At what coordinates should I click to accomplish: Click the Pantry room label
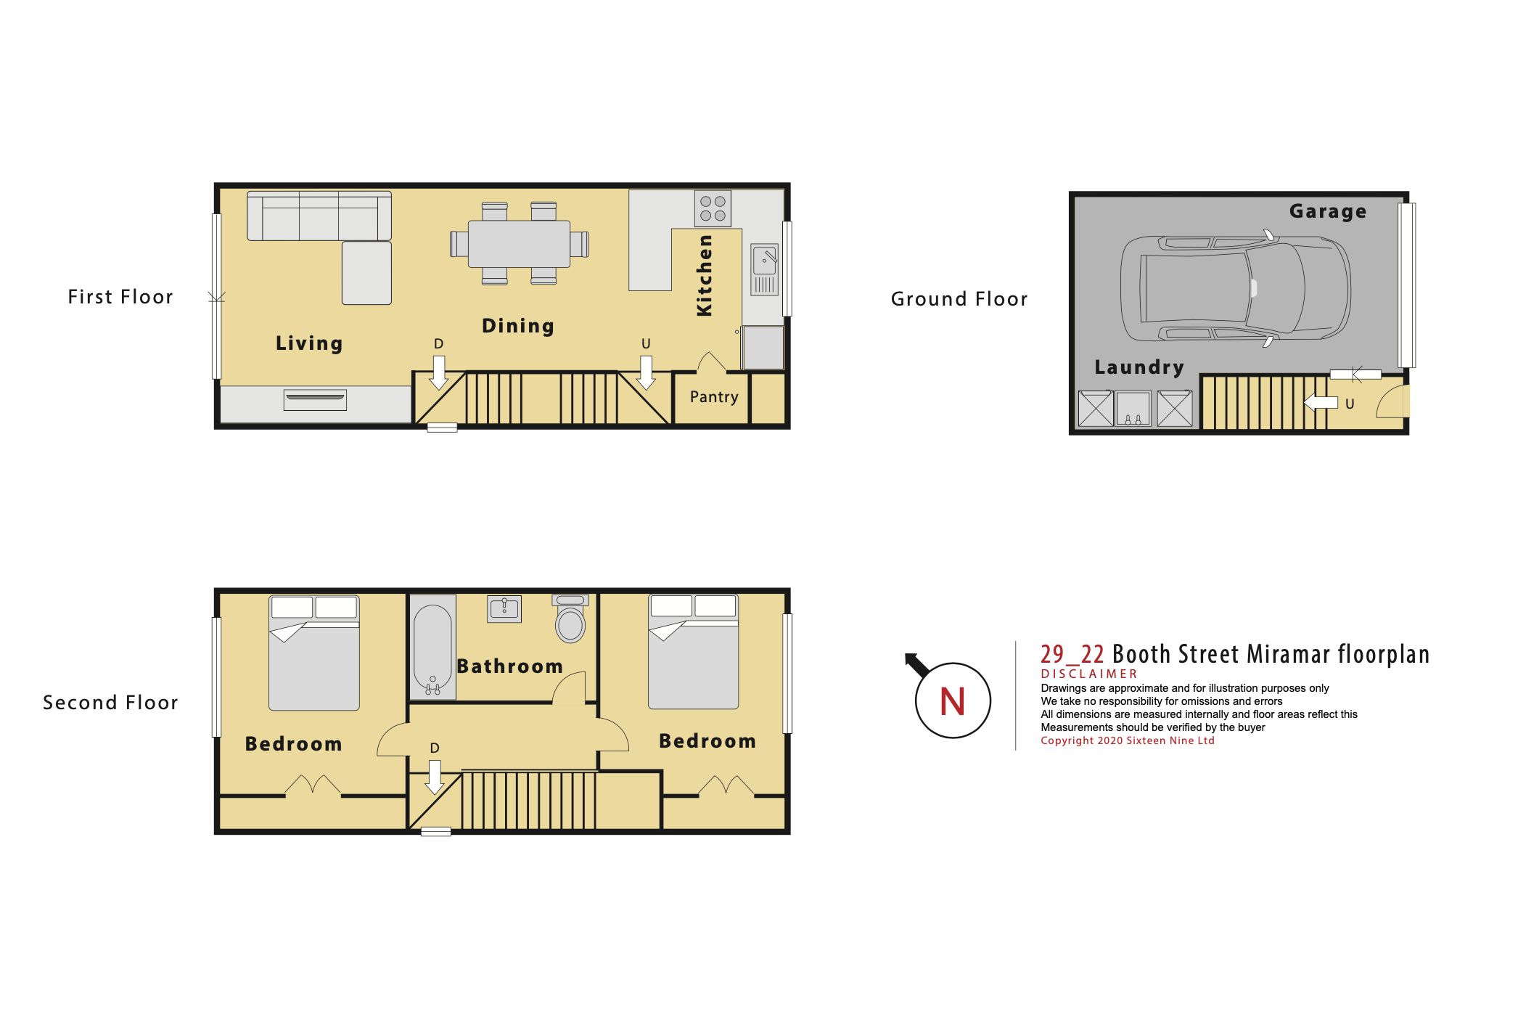(714, 396)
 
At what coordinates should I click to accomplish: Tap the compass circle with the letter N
(953, 701)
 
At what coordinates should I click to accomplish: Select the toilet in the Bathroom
(570, 618)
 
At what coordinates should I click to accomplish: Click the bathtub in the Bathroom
(433, 648)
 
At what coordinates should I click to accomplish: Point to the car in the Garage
(1235, 289)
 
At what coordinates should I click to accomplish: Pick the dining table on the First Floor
(519, 243)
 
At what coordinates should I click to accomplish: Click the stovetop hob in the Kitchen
(713, 208)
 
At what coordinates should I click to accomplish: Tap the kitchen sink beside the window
(764, 269)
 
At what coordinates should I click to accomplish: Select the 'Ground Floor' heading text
(959, 299)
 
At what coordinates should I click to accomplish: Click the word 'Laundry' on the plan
(1139, 367)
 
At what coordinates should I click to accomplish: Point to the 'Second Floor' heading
(110, 703)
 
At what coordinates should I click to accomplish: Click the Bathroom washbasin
(504, 608)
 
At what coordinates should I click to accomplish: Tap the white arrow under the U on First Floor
(646, 372)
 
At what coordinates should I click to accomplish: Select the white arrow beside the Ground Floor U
(1321, 401)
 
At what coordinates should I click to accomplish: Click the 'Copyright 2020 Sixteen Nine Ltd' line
(1128, 740)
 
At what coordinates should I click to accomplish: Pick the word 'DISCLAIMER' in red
(1089, 674)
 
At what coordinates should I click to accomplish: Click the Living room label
(309, 343)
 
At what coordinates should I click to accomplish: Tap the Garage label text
(1328, 211)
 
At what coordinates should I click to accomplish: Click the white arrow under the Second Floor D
(434, 777)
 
